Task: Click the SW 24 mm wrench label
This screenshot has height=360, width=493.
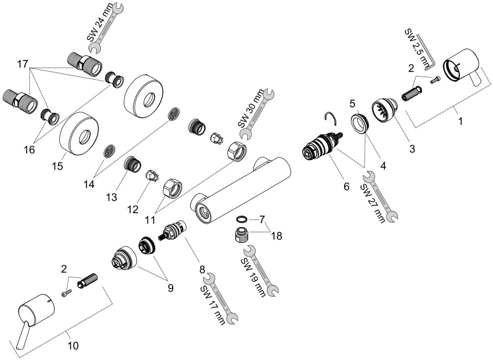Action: [99, 23]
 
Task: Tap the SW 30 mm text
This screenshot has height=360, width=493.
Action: [251, 108]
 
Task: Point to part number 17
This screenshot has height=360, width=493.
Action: [23, 64]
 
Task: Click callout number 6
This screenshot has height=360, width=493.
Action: [346, 186]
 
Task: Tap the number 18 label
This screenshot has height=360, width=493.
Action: [277, 236]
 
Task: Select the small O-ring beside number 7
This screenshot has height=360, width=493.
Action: [242, 219]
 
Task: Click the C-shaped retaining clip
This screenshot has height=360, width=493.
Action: [331, 119]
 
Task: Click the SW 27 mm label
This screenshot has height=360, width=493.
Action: [373, 203]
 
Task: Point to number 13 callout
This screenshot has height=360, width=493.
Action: [112, 197]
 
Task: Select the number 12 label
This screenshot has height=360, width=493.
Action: [133, 209]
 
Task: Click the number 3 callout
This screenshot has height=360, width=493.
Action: [412, 149]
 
